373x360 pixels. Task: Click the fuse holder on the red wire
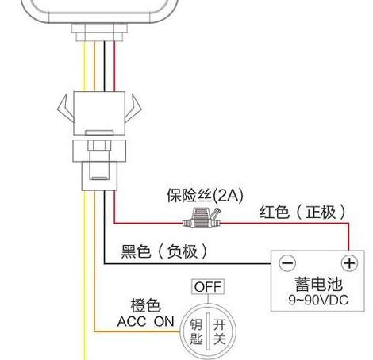pos(202,218)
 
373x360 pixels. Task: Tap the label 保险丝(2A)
pos(205,196)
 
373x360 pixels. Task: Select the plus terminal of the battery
pos(349,263)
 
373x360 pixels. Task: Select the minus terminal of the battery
pos(287,263)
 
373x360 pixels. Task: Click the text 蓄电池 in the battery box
pos(318,284)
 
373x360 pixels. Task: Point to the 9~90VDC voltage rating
pos(318,300)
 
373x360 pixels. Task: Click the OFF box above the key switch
pos(208,287)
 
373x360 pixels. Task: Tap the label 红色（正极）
pos(302,212)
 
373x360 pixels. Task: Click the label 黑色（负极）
pos(164,251)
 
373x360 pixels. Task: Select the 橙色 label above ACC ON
pos(145,305)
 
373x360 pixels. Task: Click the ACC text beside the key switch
pos(132,322)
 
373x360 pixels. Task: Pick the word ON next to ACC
pos(164,322)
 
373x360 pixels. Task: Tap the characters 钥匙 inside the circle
pos(196,331)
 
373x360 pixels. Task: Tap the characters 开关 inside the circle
pos(219,331)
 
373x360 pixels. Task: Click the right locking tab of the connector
pos(133,109)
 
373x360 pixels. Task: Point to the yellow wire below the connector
pos(85,275)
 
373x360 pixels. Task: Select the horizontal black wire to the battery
pos(187,263)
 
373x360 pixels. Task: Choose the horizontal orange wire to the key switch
pos(137,331)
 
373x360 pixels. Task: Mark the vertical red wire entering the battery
pos(348,237)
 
